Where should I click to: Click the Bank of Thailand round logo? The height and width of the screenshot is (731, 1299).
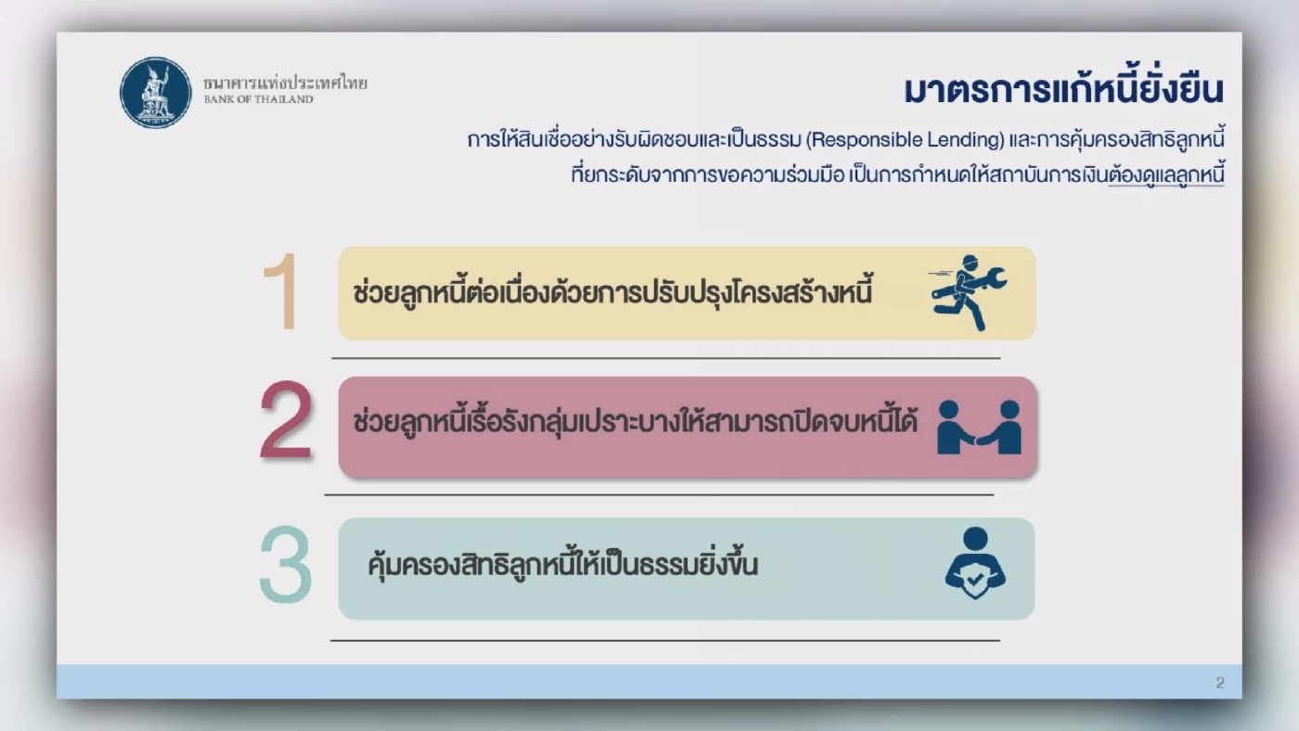coord(156,92)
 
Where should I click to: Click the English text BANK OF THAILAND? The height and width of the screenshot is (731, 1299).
coord(259,99)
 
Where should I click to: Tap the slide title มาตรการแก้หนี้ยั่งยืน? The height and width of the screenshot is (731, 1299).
coord(1063,91)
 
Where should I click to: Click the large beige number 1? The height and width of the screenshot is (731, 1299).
coord(280,291)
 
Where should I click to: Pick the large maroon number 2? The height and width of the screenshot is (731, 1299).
coord(287,422)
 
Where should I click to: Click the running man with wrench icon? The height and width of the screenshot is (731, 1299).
coord(967,292)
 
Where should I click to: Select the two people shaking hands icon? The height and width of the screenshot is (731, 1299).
coord(979,428)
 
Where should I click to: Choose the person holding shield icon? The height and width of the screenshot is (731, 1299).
coord(975,563)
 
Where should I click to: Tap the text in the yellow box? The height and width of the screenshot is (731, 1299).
coord(613,293)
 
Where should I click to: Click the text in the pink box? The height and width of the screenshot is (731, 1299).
coord(636,422)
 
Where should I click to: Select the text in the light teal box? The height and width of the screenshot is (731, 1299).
coord(562,564)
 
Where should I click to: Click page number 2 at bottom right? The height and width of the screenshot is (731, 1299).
coord(1220,684)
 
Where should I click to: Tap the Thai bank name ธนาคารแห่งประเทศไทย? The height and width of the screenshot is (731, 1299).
coord(285,83)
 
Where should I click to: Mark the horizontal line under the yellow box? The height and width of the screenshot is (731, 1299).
coord(665,358)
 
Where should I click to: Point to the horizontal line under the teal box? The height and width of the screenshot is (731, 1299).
coord(665,640)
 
